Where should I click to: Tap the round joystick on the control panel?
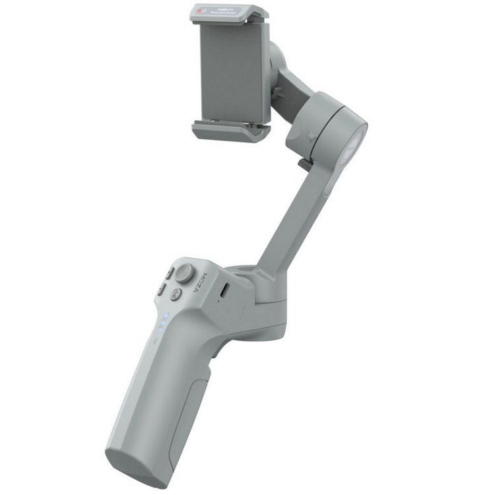185,273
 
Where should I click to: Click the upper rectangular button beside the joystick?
168,273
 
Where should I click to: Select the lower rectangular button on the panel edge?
161,288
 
